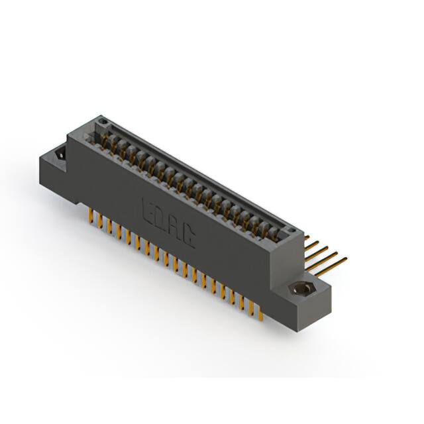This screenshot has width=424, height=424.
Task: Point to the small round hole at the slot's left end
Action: coord(103,121)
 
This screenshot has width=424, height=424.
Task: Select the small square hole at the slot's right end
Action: coord(290,229)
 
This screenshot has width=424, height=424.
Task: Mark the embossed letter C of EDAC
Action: coord(189,237)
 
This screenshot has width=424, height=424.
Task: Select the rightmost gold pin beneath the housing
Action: coord(263,317)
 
